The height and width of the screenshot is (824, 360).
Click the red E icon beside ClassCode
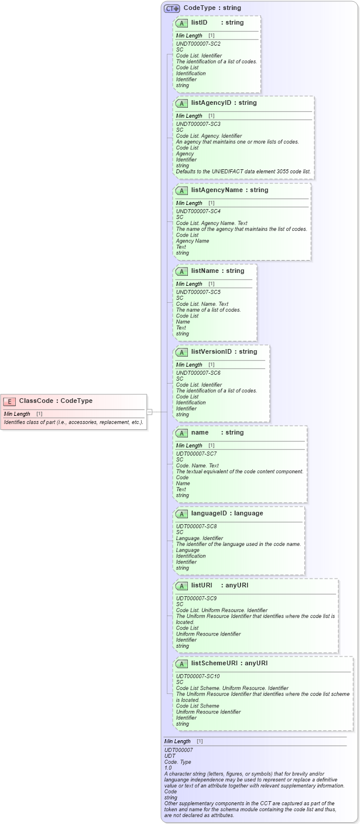pos(9,401)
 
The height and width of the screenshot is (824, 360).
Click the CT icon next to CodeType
pos(172,8)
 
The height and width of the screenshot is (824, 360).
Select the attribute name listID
pos(199,23)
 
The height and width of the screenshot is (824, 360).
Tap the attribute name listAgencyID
pos(215,103)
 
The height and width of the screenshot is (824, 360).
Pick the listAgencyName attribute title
pos(221,190)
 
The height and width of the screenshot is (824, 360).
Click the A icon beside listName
pos(181,271)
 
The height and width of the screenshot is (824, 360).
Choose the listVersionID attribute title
pos(215,352)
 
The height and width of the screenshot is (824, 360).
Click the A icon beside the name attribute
pos(181,433)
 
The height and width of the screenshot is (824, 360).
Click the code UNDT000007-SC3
pos(198,124)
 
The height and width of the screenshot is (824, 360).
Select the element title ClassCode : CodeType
pos(56,401)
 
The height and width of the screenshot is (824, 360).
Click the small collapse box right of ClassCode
pos(149,412)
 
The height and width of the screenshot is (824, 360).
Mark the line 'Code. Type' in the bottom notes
pos(179,762)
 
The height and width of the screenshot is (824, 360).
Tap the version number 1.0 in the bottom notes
pos(168,768)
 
